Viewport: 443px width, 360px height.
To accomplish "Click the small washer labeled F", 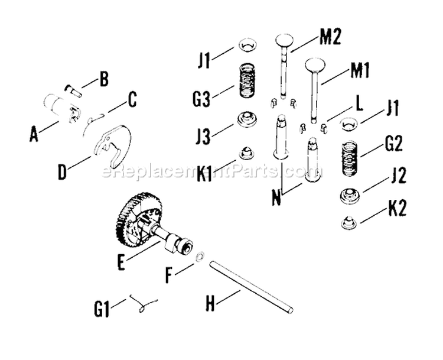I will [x=200, y=256].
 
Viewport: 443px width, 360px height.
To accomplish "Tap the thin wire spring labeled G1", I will [x=144, y=303].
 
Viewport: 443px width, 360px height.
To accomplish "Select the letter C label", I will [x=132, y=99].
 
